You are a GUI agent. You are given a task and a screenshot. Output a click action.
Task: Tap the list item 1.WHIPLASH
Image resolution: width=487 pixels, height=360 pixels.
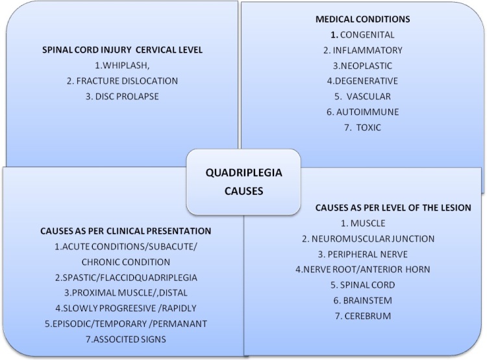coord(122,66)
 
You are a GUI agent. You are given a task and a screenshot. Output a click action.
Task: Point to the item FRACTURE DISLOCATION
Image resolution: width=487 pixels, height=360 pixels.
coord(122,82)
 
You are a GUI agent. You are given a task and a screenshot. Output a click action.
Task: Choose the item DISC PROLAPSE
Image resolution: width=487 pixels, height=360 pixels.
coord(123,97)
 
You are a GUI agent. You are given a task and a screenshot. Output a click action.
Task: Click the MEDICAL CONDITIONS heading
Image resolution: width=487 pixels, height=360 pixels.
coord(363,20)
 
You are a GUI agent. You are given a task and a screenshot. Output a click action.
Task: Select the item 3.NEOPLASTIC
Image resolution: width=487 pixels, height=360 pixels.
coord(363,66)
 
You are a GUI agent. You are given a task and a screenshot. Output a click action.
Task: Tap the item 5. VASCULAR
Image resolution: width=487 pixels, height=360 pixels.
coord(363,97)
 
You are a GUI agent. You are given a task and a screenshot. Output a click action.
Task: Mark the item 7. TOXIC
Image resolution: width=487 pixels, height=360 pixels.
coord(363,127)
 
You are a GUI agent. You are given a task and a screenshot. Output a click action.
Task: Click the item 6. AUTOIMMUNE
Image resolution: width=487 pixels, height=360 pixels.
coord(363,112)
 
